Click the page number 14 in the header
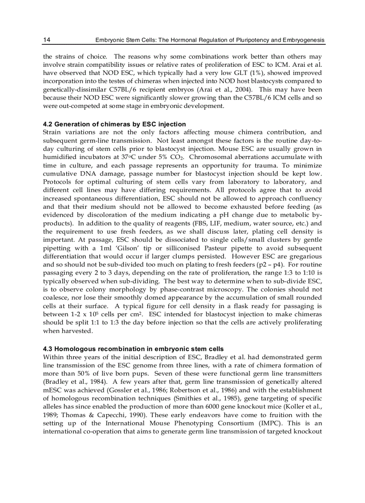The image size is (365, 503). click(x=46, y=40)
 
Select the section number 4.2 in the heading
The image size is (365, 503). click(x=48, y=124)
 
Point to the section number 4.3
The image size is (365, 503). click(x=48, y=349)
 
